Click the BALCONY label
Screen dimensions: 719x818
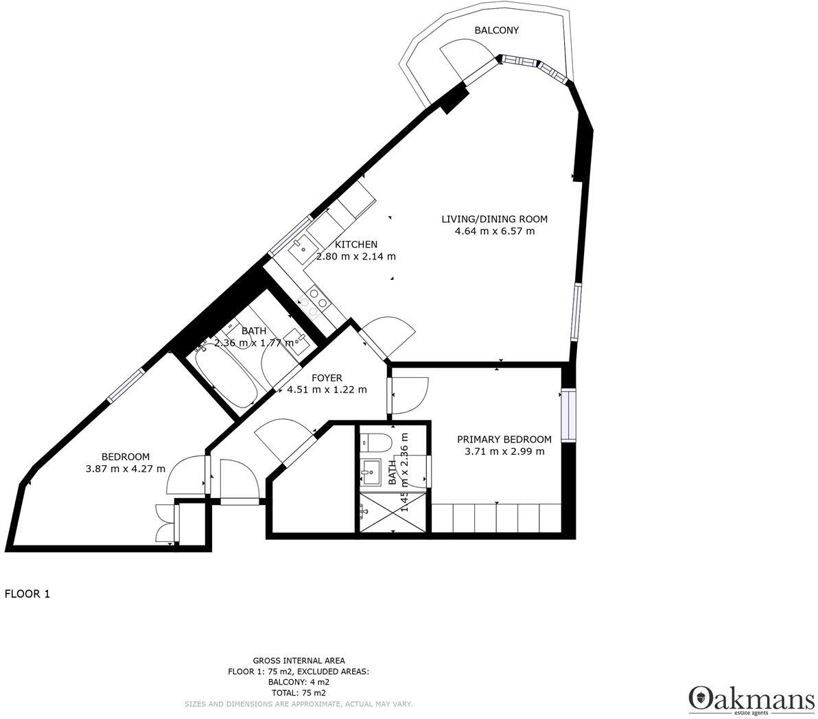(497, 30)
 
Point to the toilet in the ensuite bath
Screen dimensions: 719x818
(375, 440)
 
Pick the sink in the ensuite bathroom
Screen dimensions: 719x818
(371, 470)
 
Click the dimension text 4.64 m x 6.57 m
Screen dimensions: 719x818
(494, 231)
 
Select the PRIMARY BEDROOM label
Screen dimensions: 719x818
(504, 439)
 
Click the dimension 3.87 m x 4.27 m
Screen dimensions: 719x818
(126, 469)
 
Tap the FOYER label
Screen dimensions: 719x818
(327, 378)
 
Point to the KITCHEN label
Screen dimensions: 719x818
(355, 244)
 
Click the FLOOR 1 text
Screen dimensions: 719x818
(27, 594)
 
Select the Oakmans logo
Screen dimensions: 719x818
(751, 700)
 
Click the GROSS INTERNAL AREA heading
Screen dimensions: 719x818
(299, 661)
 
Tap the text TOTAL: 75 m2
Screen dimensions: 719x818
(299, 694)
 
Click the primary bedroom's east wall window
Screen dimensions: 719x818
(567, 416)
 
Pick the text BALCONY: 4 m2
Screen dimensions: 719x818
(299, 683)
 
